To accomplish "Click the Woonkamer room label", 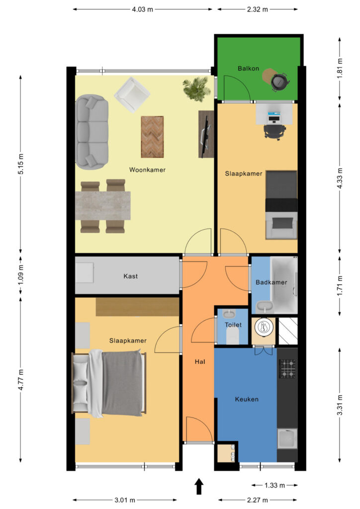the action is coord(147,170).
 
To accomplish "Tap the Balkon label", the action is coord(248,68).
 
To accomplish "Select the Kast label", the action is coord(130,276).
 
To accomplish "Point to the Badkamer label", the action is coord(271,282).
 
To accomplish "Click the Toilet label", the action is coord(233,325).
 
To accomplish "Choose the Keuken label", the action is coord(247,399).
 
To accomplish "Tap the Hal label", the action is coord(200,362).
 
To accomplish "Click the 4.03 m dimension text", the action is coord(142,9).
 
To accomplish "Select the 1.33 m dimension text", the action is coord(274,485).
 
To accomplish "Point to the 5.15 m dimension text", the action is coord(21,163).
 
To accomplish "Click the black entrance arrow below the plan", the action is coord(199,487).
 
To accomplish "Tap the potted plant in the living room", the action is coord(196,88).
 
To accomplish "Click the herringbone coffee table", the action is coord(152,137).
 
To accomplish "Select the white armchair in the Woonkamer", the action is coord(132,94).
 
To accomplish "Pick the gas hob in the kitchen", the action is coord(287,369).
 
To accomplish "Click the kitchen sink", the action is coord(287,438).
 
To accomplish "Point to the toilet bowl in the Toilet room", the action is coord(232,337).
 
